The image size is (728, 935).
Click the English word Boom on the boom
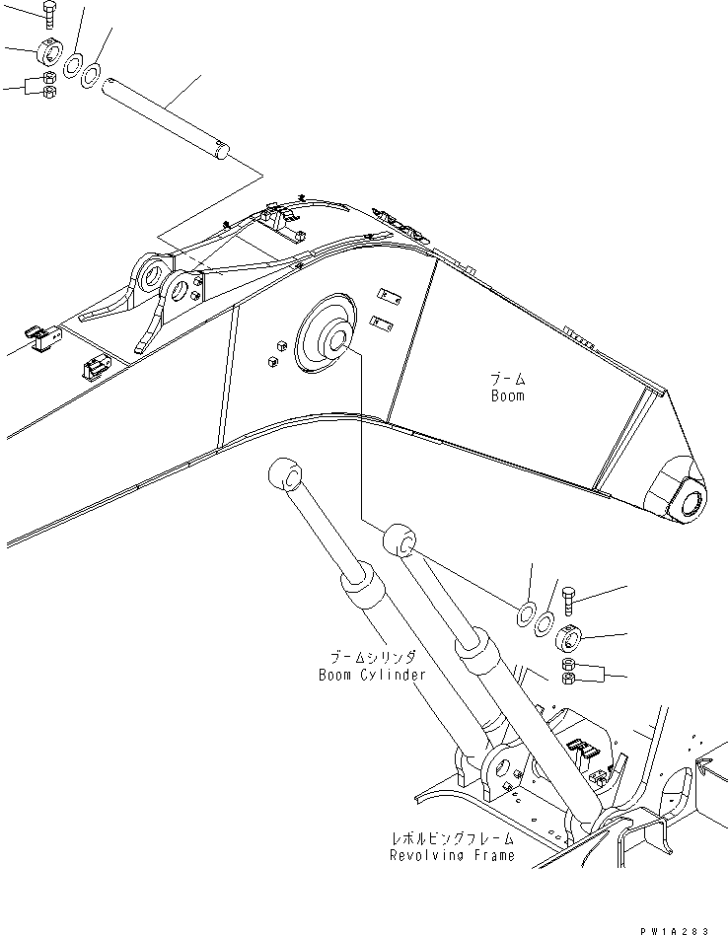coord(508,396)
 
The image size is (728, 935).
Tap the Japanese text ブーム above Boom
coord(508,379)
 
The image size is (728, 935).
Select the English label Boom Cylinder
coord(371,675)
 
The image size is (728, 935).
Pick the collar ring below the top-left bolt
coord(49,52)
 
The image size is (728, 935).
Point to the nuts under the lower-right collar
coord(568,675)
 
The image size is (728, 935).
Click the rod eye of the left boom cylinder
coord(284,474)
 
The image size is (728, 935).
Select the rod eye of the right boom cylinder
coord(400,539)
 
